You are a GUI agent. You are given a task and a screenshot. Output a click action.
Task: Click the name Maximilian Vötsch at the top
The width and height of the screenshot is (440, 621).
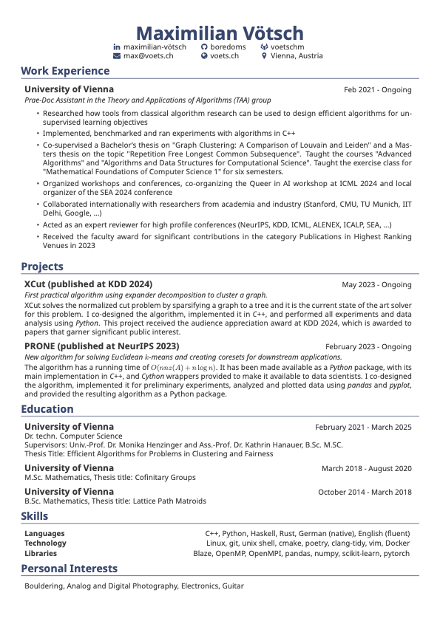click(220, 33)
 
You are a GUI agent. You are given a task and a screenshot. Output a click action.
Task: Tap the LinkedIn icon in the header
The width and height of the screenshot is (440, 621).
click(116, 47)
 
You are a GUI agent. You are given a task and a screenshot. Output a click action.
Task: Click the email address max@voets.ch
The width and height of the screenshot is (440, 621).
click(148, 55)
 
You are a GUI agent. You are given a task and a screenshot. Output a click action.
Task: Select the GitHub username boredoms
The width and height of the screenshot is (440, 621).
click(228, 47)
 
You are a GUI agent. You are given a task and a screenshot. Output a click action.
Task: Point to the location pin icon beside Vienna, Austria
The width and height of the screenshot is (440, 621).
click(264, 55)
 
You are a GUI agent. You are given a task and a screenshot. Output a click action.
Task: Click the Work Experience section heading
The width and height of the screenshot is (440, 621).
click(65, 71)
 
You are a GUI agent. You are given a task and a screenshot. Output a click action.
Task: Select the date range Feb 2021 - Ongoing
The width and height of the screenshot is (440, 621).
click(377, 90)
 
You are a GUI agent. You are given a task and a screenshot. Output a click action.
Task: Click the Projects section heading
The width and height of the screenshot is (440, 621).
click(42, 267)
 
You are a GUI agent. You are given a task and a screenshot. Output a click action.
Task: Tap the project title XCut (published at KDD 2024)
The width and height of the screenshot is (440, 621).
click(88, 284)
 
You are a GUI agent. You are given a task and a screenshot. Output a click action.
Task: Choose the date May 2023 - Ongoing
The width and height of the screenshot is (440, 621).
click(376, 285)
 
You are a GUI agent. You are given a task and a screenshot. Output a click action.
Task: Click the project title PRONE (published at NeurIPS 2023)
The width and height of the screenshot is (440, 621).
click(101, 346)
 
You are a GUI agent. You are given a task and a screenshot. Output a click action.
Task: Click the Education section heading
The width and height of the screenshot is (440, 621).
click(47, 409)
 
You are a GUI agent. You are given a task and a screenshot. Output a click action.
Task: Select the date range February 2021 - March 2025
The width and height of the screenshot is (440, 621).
click(363, 428)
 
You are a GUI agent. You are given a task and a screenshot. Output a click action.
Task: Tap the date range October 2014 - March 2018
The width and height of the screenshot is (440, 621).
click(365, 493)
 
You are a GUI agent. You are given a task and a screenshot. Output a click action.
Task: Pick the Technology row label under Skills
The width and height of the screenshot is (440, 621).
click(45, 543)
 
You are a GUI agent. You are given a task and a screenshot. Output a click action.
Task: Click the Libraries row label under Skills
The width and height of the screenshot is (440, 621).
click(41, 553)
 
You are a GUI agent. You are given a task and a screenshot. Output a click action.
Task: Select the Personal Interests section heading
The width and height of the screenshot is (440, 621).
click(69, 569)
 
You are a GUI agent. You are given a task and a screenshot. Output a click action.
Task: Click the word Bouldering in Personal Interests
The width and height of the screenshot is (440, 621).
click(44, 586)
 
